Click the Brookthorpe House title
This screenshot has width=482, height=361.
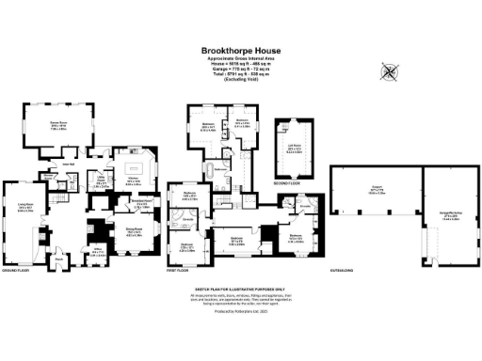click(x=240, y=52)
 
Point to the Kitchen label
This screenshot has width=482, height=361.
click(x=134, y=181)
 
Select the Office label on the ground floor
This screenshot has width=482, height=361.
click(x=97, y=252)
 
